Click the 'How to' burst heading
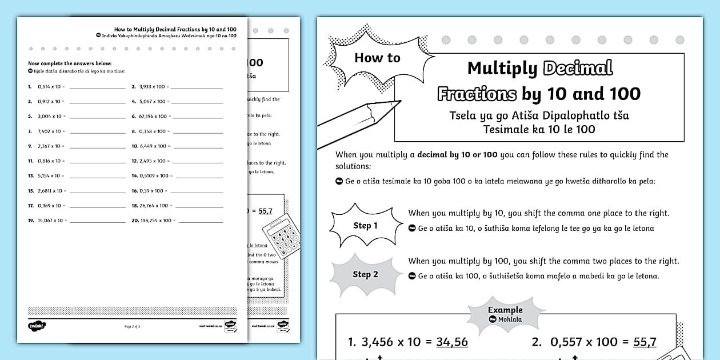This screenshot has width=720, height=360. click(377, 58)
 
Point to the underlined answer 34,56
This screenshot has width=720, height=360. click(451, 342)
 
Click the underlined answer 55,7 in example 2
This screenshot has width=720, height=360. click(645, 342)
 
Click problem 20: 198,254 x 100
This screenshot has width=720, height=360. click(155, 221)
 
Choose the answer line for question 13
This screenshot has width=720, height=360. click(97, 176)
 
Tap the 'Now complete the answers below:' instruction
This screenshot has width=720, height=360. click(70, 63)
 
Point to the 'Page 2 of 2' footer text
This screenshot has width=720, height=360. click(132, 326)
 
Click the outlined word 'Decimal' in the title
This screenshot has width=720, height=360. click(578, 68)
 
